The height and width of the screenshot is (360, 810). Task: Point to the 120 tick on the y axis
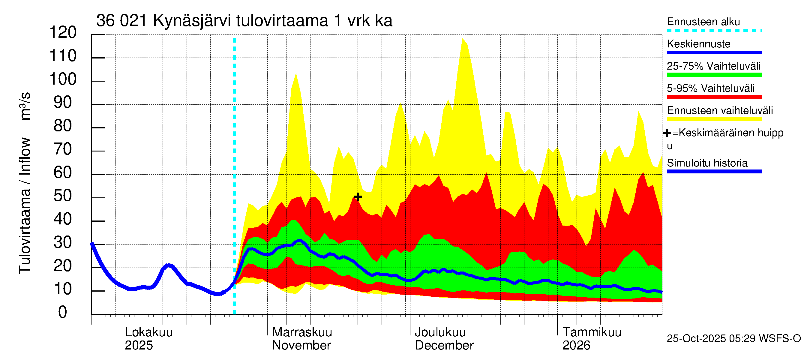(63, 32)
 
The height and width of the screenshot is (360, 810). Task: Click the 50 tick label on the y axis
(63, 196)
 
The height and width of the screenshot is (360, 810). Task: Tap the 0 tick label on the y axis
(63, 312)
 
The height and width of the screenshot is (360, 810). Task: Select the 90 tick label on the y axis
(63, 103)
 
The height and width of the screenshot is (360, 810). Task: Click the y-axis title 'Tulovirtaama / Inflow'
(25, 206)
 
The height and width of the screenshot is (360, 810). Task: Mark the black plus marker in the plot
(358, 197)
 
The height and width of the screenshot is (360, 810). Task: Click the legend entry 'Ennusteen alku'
(703, 22)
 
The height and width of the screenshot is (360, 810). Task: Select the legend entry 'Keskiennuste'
(698, 44)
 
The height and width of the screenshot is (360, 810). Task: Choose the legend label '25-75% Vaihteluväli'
(713, 66)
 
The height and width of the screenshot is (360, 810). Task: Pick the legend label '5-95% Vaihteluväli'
(710, 88)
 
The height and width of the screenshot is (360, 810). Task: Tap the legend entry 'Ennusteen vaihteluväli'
(719, 111)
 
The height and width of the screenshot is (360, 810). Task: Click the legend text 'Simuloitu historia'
(707, 163)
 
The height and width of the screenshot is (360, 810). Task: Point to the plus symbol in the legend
(667, 133)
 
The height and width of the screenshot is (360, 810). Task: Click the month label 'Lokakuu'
(148, 332)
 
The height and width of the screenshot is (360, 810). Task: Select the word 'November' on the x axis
(301, 346)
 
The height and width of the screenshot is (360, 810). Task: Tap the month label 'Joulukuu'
(440, 332)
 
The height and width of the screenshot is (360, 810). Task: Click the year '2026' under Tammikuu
(576, 346)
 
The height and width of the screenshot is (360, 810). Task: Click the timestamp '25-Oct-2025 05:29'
(711, 339)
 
